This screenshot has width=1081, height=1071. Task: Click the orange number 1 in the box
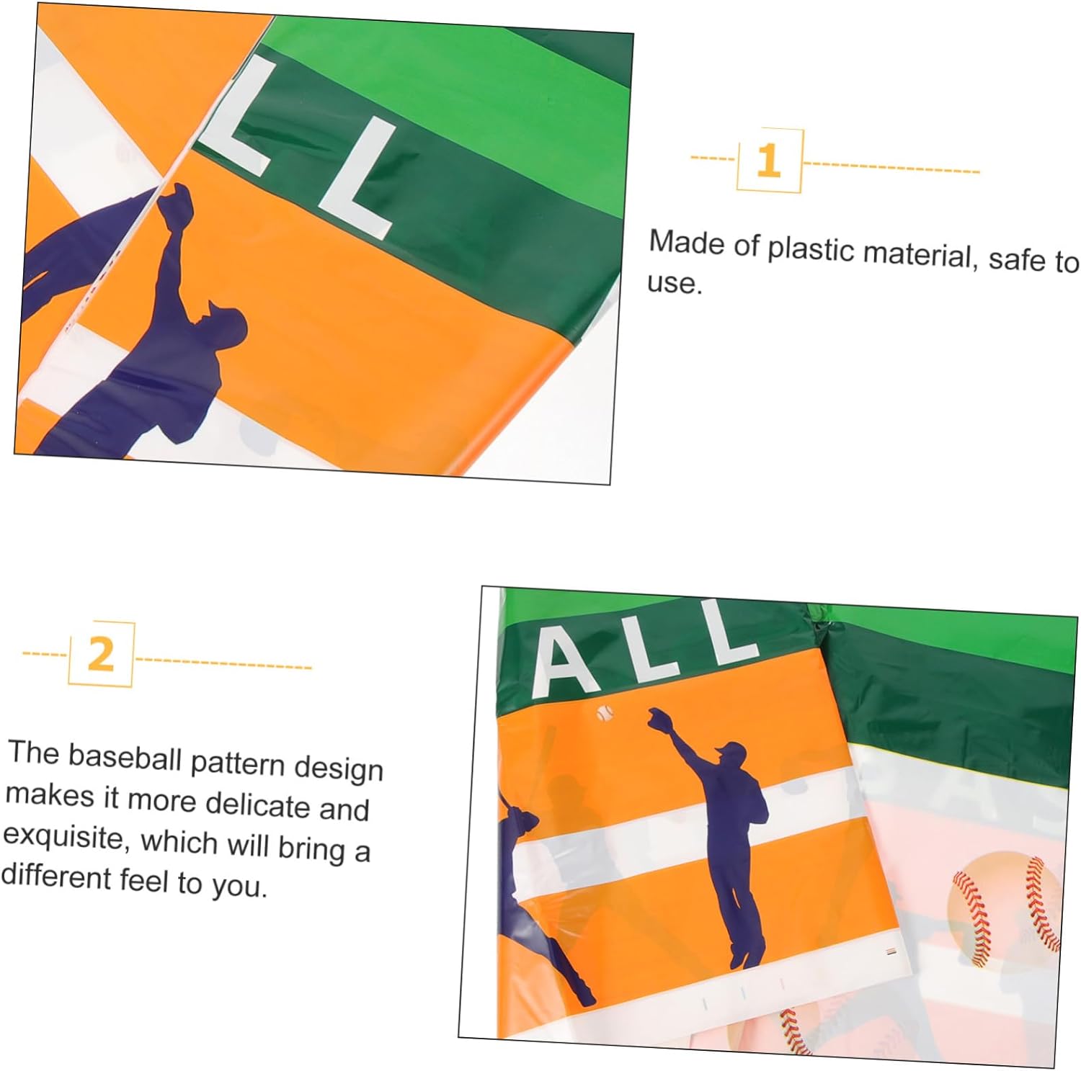pos(769,161)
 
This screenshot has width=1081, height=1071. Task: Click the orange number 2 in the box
pos(101,654)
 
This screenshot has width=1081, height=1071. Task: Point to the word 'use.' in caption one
pos(675,282)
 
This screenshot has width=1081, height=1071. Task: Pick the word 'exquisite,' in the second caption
pos(66,837)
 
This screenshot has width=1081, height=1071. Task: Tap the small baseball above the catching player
pos(605,714)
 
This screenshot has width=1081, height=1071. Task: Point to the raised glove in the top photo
pos(175,204)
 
